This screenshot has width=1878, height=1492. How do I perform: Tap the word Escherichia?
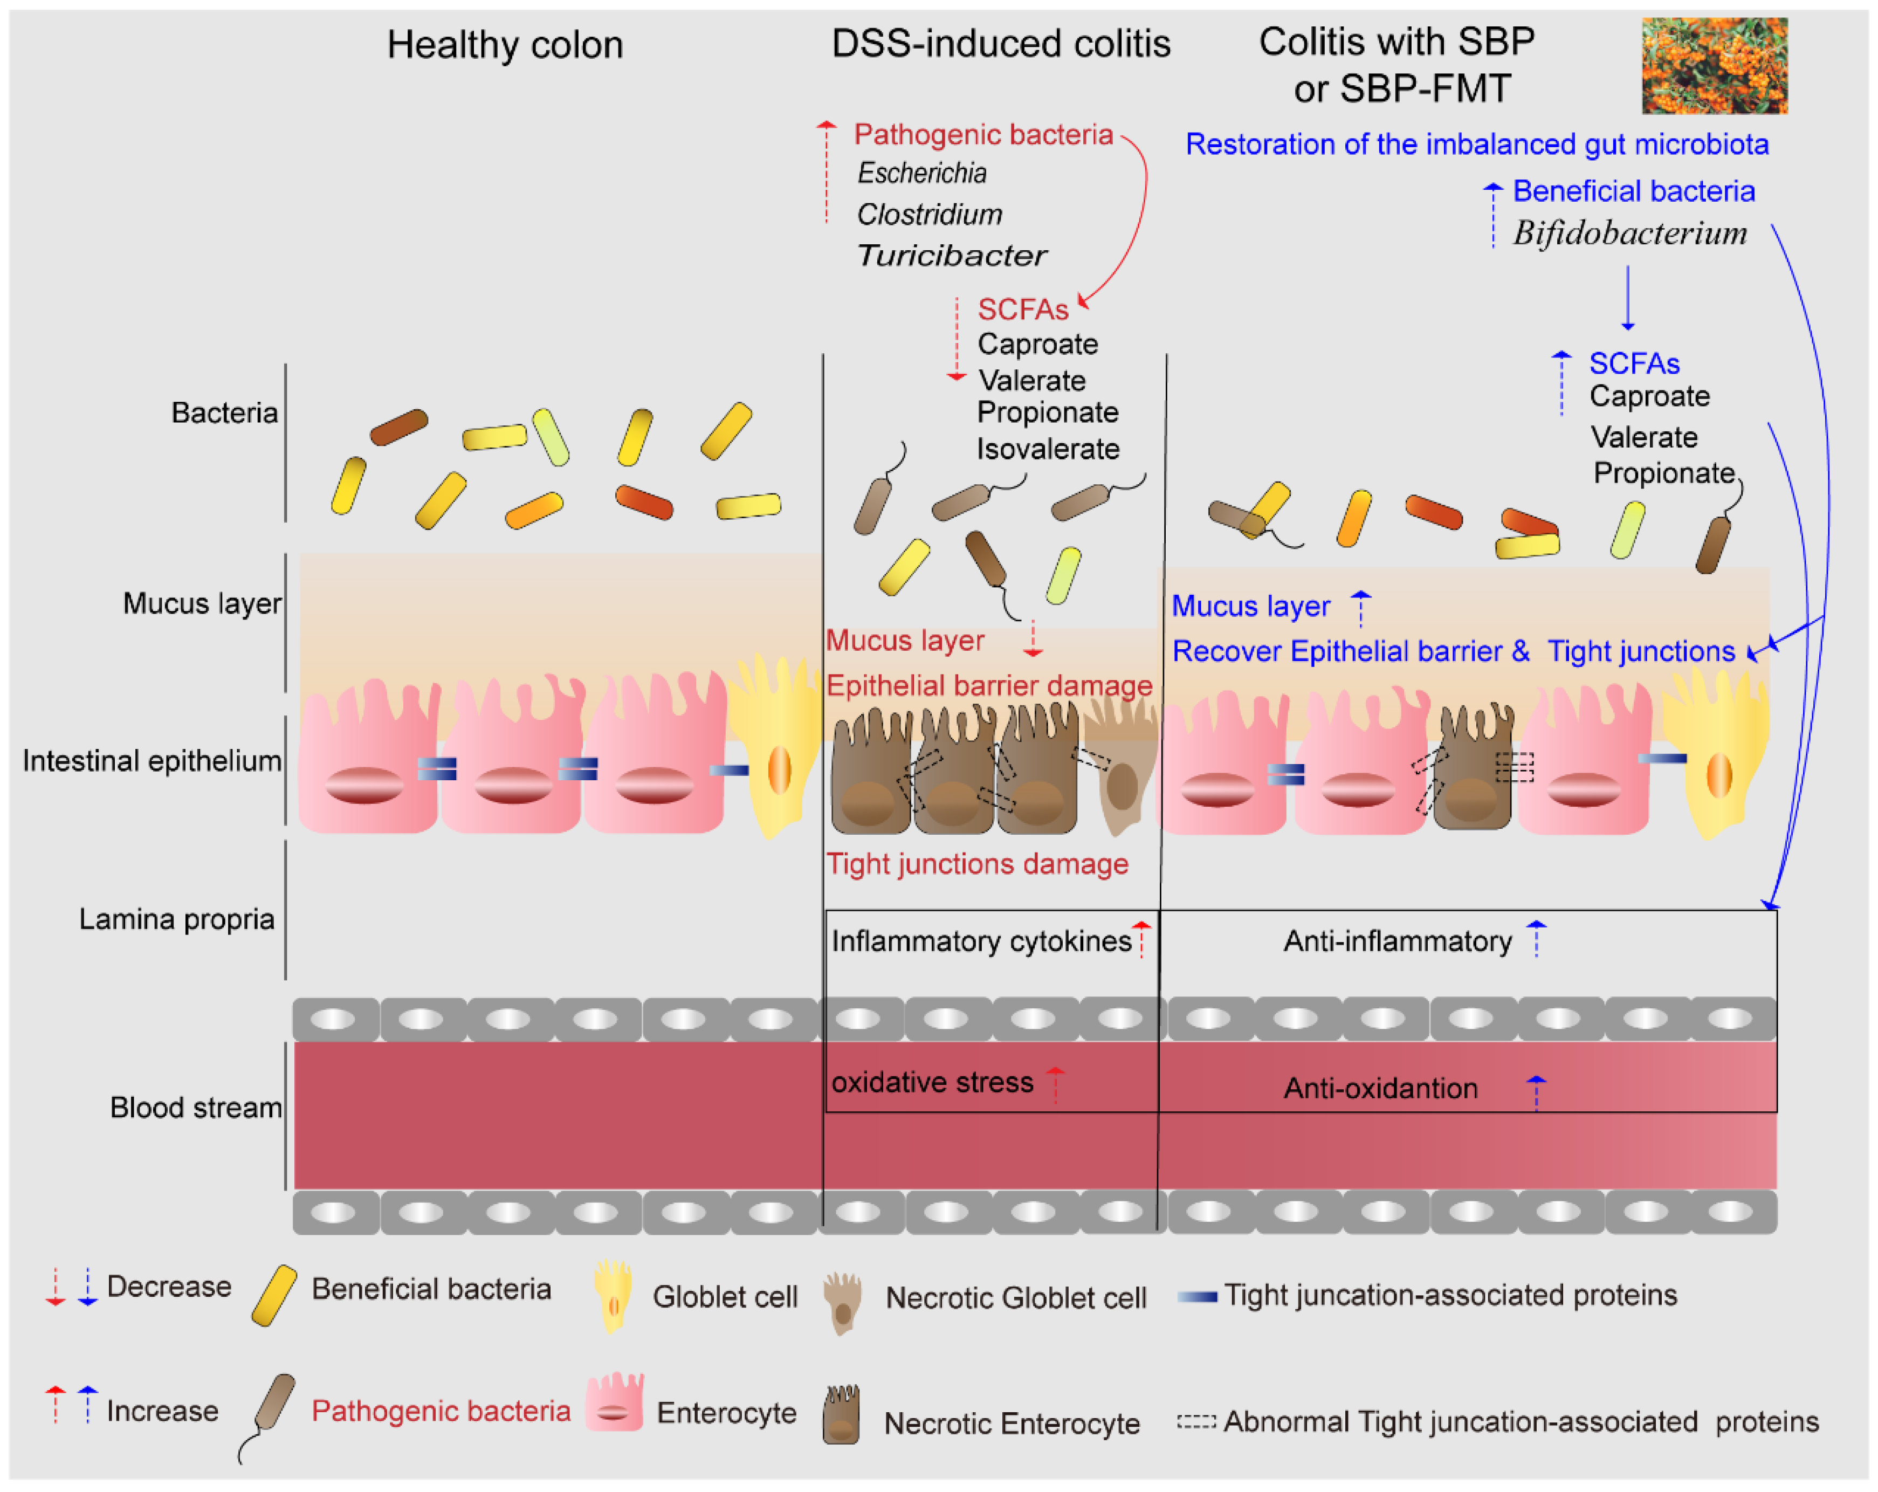click(921, 173)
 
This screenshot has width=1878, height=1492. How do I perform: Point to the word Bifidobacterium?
click(1629, 233)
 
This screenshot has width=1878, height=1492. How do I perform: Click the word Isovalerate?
click(1047, 449)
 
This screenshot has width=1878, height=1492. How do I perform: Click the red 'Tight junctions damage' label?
click(976, 864)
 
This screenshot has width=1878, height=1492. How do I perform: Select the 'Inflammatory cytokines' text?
click(981, 941)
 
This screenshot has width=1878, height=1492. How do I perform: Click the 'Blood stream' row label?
click(195, 1108)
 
